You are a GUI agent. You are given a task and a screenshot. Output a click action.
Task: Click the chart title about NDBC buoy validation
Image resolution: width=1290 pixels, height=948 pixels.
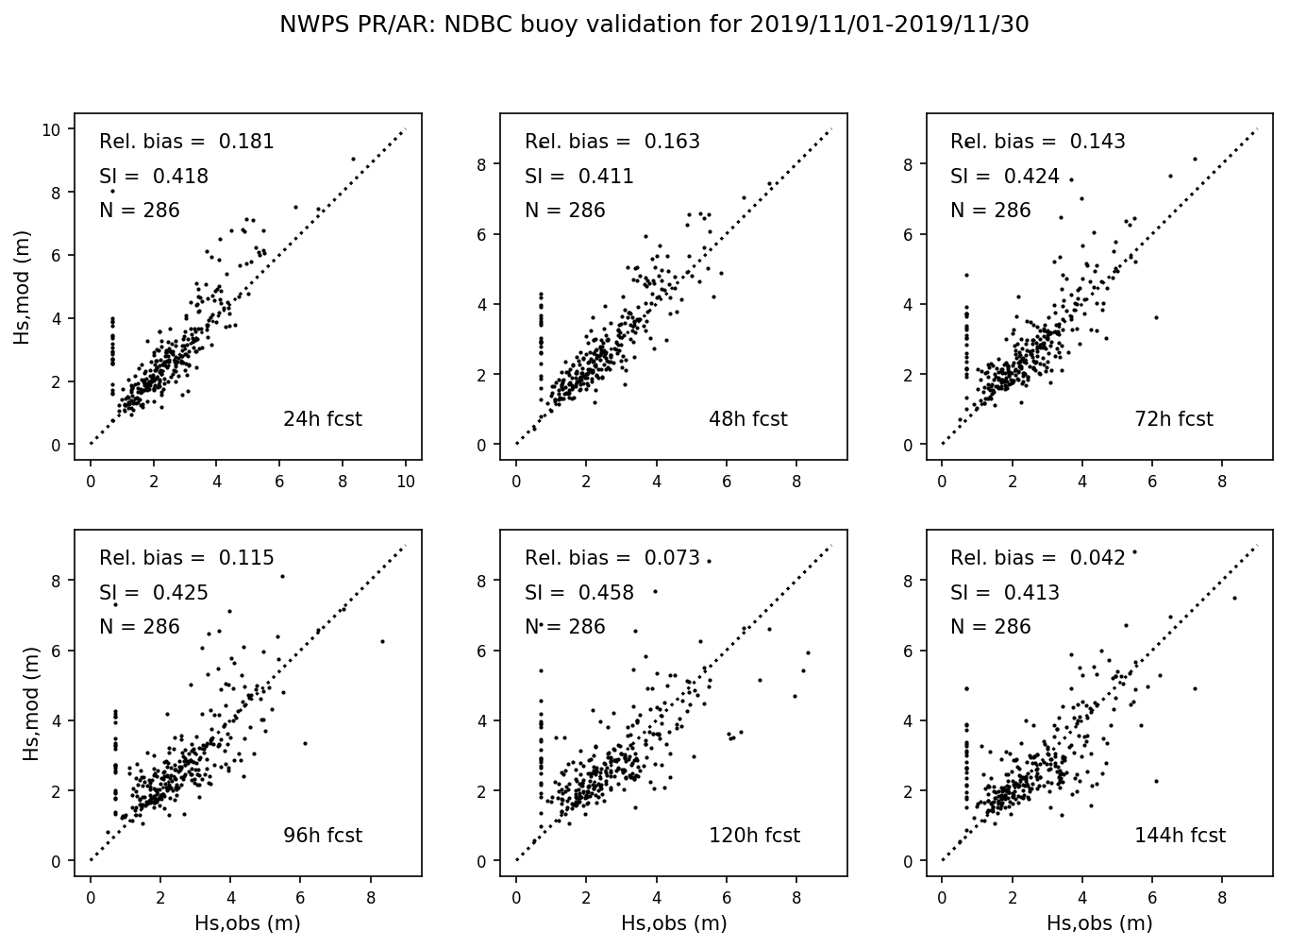pos(654,25)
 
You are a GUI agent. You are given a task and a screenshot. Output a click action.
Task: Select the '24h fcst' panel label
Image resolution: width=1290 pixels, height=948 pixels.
pos(322,419)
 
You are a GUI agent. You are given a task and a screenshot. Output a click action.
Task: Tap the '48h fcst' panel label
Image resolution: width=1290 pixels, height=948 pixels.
pos(747,419)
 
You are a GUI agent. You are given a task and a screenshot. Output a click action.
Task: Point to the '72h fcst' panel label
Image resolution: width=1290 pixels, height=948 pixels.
pos(1173,419)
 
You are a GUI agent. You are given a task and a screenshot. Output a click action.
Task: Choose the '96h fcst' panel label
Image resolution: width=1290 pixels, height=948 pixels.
pos(322,836)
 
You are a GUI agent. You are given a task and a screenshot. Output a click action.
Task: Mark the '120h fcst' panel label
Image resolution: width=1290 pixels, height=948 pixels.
pos(754,836)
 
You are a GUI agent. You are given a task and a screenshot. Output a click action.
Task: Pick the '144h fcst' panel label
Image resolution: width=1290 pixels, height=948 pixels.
pos(1180,836)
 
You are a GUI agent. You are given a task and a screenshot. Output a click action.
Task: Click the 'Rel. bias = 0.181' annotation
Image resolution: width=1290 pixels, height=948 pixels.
pos(187,142)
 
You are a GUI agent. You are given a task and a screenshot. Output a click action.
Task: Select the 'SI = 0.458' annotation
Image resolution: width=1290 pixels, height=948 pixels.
pos(579,593)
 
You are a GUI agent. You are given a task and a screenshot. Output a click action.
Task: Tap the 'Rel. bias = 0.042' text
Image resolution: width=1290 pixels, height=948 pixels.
pos(1038,558)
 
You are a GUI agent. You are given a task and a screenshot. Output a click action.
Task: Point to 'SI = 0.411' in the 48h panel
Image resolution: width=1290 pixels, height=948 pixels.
pos(579,177)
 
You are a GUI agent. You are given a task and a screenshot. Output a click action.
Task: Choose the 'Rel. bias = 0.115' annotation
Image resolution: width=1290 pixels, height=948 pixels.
pos(187,558)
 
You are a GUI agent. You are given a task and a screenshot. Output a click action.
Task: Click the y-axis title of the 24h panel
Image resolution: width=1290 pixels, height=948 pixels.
pos(23,286)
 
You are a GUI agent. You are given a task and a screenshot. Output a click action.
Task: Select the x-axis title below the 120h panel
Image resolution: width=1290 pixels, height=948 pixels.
pos(674,923)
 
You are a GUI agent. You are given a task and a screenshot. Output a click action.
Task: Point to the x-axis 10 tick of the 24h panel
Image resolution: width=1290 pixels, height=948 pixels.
pos(406,481)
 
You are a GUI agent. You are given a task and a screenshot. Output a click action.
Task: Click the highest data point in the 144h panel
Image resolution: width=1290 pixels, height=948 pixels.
pos(1134,551)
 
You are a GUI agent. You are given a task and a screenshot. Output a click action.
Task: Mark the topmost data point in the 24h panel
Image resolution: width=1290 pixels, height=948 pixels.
pos(354,159)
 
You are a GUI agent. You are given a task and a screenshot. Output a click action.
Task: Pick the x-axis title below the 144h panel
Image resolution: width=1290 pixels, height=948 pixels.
pos(1099,923)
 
